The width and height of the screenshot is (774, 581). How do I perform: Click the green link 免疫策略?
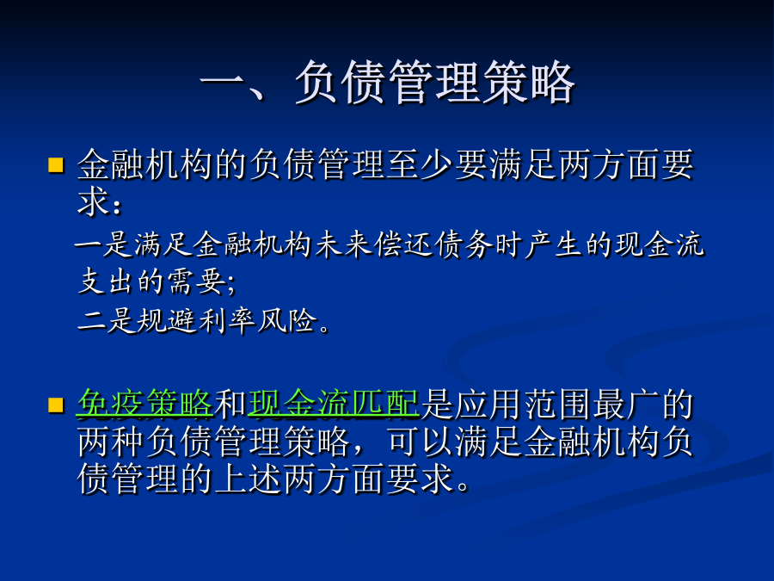145,405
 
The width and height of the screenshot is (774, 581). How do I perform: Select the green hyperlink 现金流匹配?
334,405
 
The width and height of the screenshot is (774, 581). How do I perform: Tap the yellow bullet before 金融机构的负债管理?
56,165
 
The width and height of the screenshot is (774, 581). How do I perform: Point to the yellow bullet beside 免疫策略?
56,405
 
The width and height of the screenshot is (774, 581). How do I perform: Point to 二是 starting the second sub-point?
106,320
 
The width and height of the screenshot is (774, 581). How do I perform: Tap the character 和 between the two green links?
230,405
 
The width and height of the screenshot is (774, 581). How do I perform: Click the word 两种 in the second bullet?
111,442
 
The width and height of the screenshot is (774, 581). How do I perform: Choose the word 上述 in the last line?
248,479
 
